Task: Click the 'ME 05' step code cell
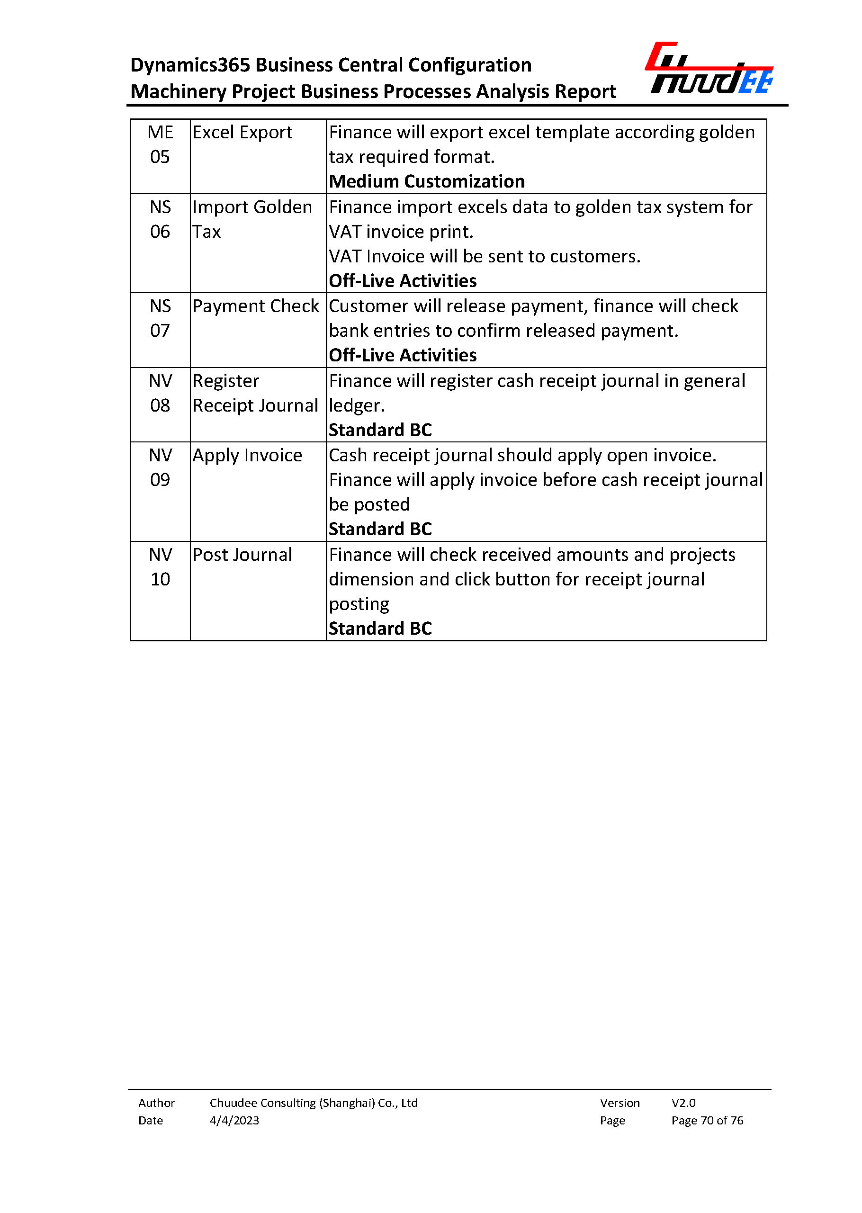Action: pyautogui.click(x=160, y=144)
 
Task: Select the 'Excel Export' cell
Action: pyautogui.click(x=242, y=133)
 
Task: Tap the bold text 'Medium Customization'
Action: pyautogui.click(x=427, y=181)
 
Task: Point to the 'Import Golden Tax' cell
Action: pyautogui.click(x=252, y=219)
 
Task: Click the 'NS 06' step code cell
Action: pyautogui.click(x=160, y=219)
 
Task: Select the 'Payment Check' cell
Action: pyautogui.click(x=255, y=306)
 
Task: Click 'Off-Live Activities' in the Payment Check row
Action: pyautogui.click(x=403, y=355)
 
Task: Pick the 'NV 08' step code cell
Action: pyautogui.click(x=160, y=394)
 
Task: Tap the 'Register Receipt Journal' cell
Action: pyautogui.click(x=255, y=394)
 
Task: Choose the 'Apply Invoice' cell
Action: pyautogui.click(x=247, y=456)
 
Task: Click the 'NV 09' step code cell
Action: pyautogui.click(x=160, y=467)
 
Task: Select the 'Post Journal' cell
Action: pyautogui.click(x=242, y=555)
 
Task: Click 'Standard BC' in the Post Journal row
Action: pyautogui.click(x=380, y=629)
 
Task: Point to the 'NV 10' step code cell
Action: pyautogui.click(x=160, y=567)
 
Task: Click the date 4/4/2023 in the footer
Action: pyautogui.click(x=234, y=1121)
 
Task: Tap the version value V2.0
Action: pyautogui.click(x=683, y=1103)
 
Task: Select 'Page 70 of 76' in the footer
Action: pyautogui.click(x=707, y=1121)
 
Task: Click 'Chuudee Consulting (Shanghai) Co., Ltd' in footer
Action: pyautogui.click(x=314, y=1103)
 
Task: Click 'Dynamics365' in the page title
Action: pyautogui.click(x=190, y=65)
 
